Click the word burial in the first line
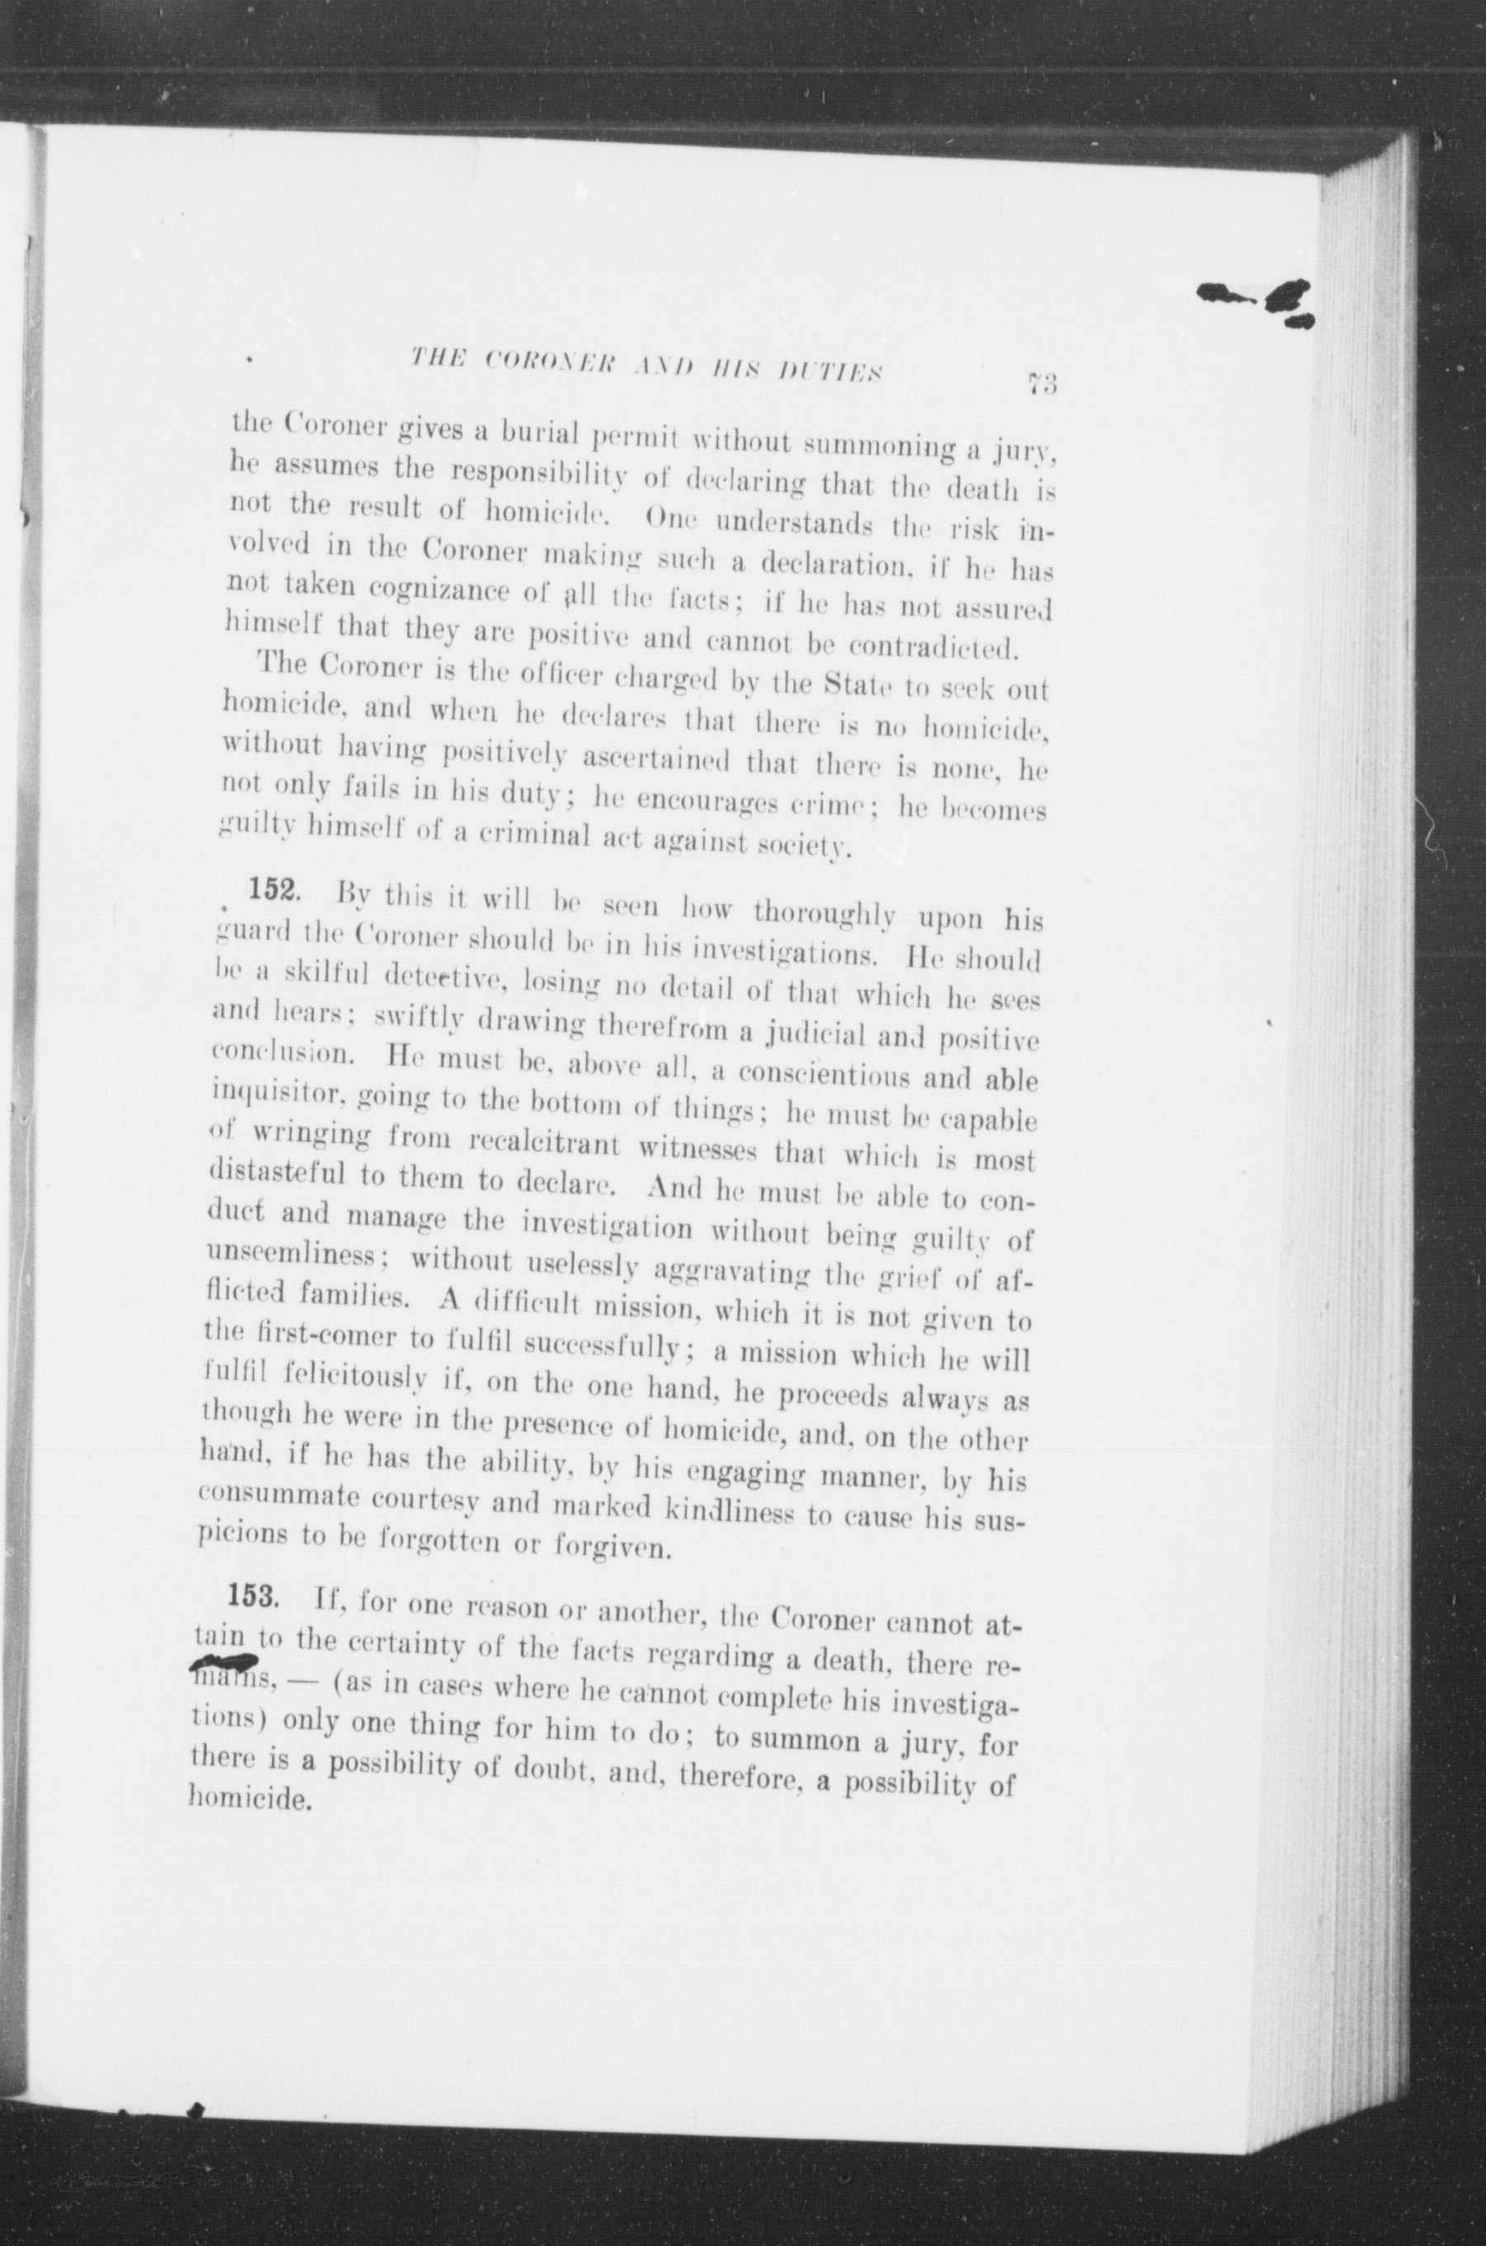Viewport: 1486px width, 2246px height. tap(543, 436)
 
